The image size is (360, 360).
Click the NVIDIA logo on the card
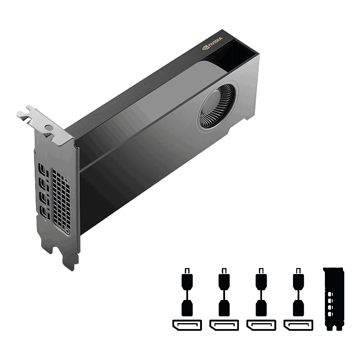coord(213,43)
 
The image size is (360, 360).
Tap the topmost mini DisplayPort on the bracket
coord(42,169)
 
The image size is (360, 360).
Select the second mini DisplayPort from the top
coord(42,183)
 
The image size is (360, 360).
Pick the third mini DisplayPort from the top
coord(43,197)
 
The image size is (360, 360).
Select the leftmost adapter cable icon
coord(187,292)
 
